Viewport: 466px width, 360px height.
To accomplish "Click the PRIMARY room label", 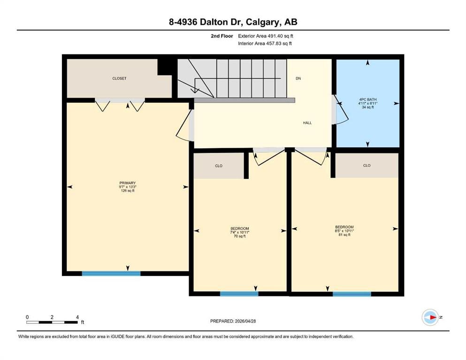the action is point(128,183).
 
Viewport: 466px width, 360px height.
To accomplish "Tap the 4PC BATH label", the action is point(367,99).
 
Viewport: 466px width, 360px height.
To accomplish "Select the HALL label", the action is point(307,122).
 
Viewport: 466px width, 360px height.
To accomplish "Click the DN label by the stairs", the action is point(298,78).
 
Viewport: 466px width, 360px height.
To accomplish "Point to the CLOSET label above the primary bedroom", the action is point(119,78).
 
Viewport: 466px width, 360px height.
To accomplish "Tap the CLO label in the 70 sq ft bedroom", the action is point(219,166).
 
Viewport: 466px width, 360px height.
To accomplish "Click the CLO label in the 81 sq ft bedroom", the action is point(367,165).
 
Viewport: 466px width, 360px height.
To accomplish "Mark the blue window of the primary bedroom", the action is point(111,273).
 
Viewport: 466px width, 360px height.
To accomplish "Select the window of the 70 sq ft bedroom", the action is point(239,294).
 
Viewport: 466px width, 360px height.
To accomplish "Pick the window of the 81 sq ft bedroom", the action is point(352,294).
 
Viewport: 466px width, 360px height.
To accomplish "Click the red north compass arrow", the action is point(434,317).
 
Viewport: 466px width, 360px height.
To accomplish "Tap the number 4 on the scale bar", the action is point(77,317).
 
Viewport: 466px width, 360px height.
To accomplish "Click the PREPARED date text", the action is point(233,321).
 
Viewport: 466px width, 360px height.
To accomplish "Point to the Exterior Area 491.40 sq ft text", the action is point(266,36).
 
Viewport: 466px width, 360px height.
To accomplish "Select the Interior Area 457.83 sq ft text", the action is point(265,43).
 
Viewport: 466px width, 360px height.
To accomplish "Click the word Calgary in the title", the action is point(262,22).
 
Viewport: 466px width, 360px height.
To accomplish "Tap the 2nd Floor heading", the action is point(222,36).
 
